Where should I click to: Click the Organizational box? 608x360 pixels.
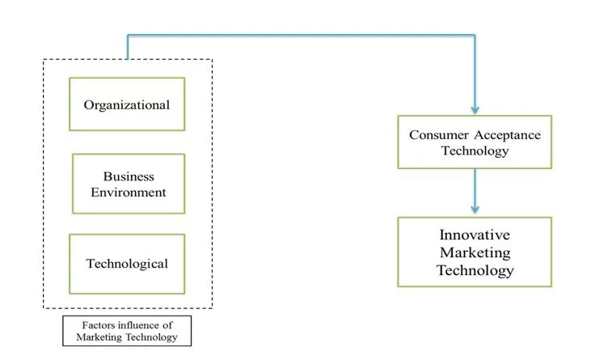point(127,104)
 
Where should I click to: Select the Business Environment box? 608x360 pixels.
point(128,184)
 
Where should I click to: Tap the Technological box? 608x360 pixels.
point(127,264)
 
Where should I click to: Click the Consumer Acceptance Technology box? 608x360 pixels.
point(475,142)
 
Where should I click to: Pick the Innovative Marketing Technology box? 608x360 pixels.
point(475,252)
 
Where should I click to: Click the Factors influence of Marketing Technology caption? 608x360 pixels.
point(127,331)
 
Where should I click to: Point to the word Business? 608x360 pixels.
point(128,176)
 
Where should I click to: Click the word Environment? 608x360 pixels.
point(128,193)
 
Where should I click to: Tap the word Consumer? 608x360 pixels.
point(437,134)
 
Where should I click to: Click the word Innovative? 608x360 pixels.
point(475,235)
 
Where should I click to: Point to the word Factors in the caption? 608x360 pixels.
point(91,325)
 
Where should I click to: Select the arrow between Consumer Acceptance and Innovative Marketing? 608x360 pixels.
point(475,190)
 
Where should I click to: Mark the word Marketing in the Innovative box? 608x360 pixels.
point(475,252)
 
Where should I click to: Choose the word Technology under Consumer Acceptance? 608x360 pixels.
point(475,150)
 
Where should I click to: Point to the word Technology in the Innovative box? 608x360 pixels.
point(475,270)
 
